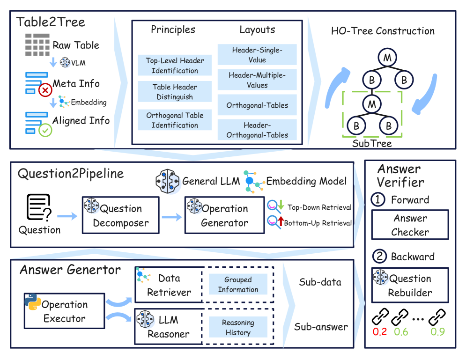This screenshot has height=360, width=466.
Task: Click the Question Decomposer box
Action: (120, 215)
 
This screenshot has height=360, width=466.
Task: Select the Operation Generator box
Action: (224, 215)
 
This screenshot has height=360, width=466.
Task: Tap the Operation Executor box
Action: (64, 311)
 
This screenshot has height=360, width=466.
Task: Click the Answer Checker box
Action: (410, 225)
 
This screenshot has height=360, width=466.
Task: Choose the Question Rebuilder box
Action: (410, 286)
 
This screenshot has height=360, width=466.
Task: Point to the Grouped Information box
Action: (238, 285)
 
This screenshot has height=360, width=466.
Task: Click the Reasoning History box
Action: (238, 327)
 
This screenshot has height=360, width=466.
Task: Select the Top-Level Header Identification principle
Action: (175, 66)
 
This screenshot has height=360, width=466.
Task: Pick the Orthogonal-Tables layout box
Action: (258, 105)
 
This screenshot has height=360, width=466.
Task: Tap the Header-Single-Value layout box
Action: (258, 55)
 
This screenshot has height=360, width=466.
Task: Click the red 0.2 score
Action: (380, 332)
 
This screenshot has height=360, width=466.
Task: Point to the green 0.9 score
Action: (437, 332)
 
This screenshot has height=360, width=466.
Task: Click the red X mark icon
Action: (45, 89)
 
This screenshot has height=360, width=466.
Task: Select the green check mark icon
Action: (45, 130)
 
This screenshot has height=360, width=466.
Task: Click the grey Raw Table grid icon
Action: (37, 45)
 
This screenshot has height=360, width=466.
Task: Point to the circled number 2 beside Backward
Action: (379, 257)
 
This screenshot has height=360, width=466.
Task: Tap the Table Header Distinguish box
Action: (175, 92)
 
